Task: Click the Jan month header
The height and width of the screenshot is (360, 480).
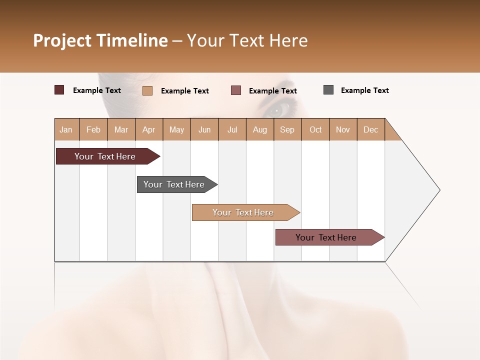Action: (x=66, y=129)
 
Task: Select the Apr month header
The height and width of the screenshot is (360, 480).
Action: (x=149, y=129)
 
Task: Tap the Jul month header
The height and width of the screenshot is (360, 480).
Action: (x=232, y=129)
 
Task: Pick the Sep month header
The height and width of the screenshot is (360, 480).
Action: (x=287, y=129)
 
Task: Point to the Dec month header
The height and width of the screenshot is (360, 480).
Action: (x=370, y=129)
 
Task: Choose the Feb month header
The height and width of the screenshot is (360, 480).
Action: (x=93, y=129)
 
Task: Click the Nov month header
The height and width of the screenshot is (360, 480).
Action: (x=343, y=129)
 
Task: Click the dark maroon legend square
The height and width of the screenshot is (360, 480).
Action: (x=59, y=90)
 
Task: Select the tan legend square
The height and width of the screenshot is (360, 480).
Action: (x=147, y=90)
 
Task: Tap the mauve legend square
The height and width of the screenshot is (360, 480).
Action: (x=236, y=90)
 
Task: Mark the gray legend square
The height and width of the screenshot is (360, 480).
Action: (x=328, y=90)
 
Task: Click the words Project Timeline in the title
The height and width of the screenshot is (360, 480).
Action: (x=100, y=40)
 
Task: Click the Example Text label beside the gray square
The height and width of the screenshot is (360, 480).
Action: (x=364, y=90)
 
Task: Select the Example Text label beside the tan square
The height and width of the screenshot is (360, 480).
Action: (x=184, y=91)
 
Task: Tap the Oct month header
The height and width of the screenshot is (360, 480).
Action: (x=315, y=129)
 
